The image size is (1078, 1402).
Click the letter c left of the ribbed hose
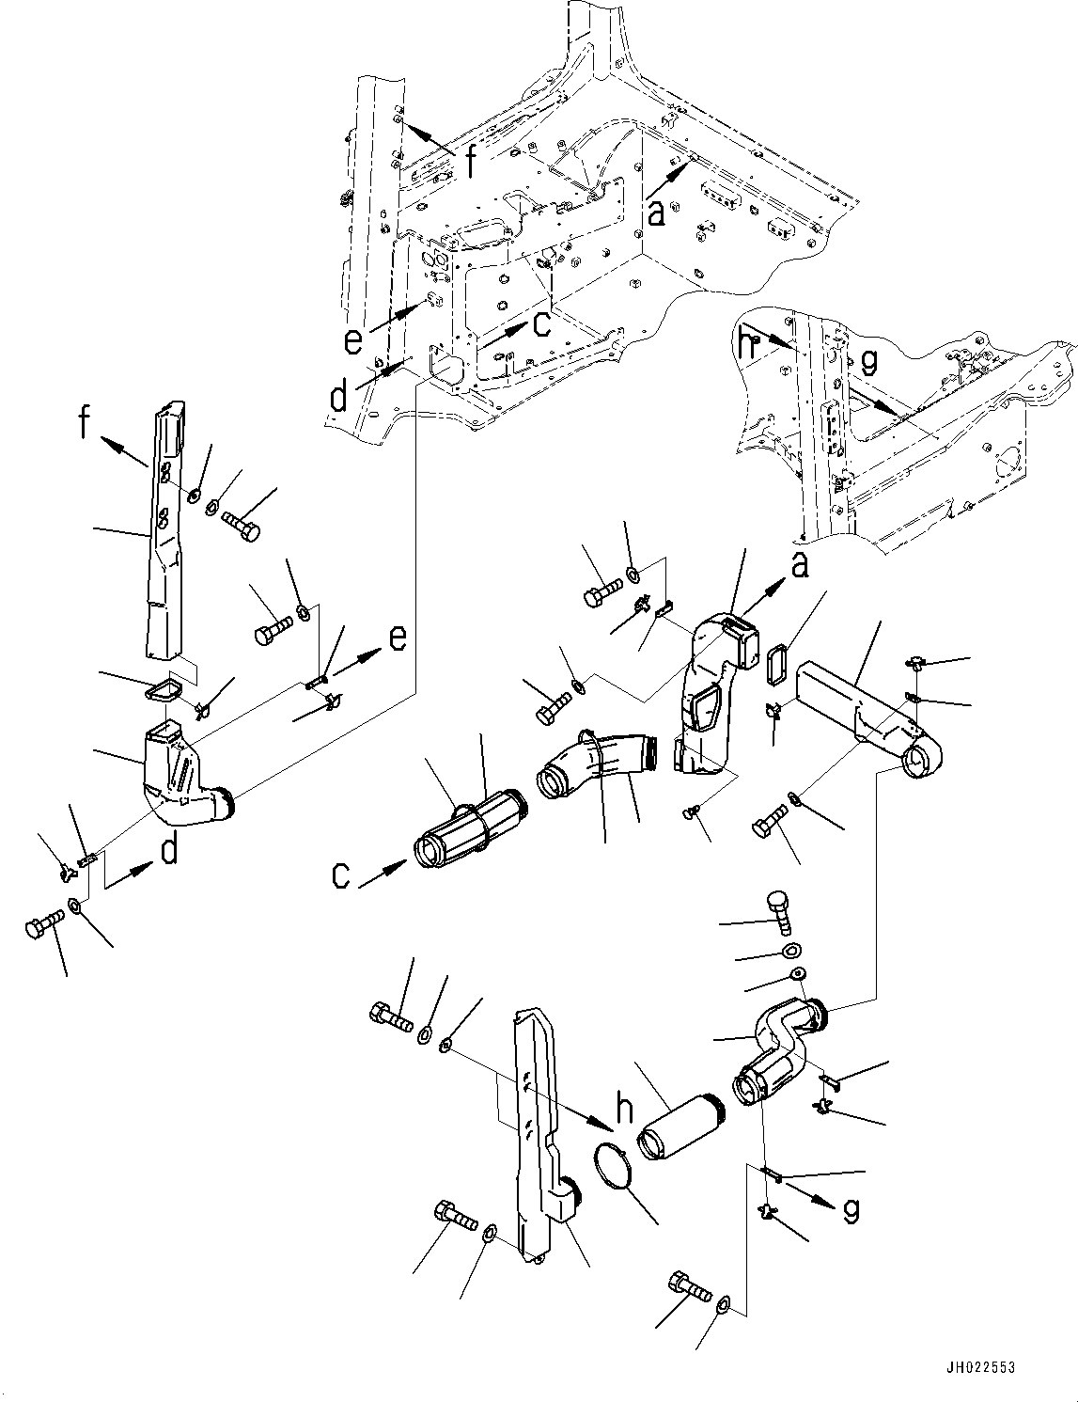pos(341,875)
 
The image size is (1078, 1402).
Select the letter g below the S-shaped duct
pos(851,1212)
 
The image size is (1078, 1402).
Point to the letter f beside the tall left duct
pos(85,425)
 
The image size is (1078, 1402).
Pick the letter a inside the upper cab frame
pos(657,213)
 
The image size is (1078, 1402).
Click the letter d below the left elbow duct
pos(169,850)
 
